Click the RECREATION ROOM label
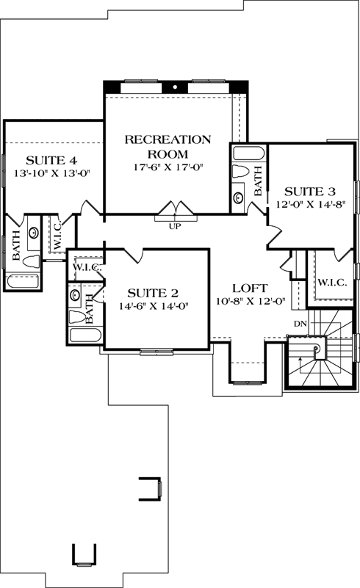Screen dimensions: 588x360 [x=168, y=146]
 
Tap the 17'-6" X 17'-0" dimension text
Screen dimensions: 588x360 [x=168, y=167]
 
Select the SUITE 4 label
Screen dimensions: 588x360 [x=51, y=161]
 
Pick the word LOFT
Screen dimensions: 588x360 [x=250, y=288]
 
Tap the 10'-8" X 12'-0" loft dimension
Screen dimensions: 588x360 [x=250, y=301]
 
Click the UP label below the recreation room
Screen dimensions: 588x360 [x=175, y=225]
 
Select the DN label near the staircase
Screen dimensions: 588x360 [x=300, y=323]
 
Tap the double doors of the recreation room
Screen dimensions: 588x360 [x=175, y=211]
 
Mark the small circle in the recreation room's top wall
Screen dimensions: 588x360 [x=176, y=86]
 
